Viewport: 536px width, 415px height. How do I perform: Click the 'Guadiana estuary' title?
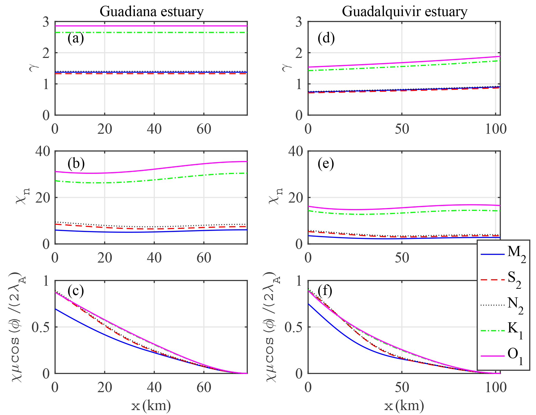click(x=152, y=12)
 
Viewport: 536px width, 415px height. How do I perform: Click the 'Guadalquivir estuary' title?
click(x=404, y=12)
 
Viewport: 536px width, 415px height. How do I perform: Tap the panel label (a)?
click(x=75, y=38)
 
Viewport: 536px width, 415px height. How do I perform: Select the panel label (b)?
click(x=76, y=164)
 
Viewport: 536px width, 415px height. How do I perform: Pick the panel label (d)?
click(x=326, y=38)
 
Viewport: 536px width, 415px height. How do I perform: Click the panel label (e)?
click(x=326, y=164)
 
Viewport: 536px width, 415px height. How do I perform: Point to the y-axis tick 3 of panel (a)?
click(x=46, y=22)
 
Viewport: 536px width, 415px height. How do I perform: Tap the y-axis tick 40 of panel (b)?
click(x=43, y=151)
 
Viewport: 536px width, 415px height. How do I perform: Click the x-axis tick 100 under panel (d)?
click(x=496, y=129)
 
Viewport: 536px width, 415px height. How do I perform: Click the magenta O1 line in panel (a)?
click(x=150, y=26)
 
